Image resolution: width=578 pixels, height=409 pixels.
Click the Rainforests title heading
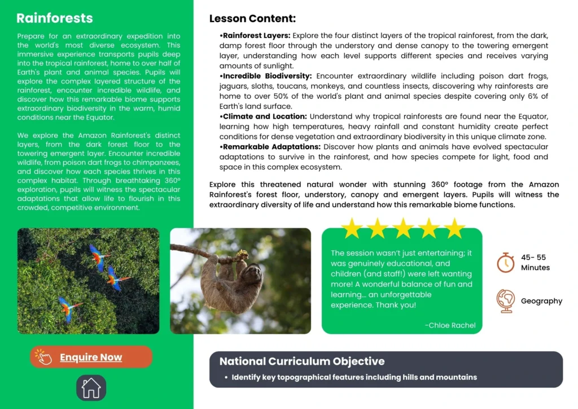click(x=54, y=18)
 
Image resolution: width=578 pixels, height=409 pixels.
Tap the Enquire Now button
click(x=91, y=357)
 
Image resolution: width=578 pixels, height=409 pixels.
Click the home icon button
click(x=91, y=388)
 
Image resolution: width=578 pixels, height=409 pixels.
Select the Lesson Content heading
click(x=252, y=19)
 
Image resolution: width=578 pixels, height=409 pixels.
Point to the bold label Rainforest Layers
click(x=256, y=36)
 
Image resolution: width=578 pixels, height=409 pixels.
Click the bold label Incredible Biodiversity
click(x=266, y=76)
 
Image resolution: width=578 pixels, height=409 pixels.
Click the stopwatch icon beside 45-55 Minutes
click(x=505, y=262)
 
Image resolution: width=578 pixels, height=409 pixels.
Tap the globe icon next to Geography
click(x=505, y=301)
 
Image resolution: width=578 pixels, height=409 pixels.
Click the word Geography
click(x=541, y=301)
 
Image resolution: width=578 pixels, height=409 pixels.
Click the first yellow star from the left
click(x=352, y=228)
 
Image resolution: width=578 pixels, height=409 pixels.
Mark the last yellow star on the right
click(x=454, y=228)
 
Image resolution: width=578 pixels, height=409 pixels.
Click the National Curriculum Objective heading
click(x=302, y=362)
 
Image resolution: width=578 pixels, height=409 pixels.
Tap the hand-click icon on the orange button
click(x=43, y=356)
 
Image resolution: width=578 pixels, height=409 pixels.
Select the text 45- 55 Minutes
click(x=535, y=262)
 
